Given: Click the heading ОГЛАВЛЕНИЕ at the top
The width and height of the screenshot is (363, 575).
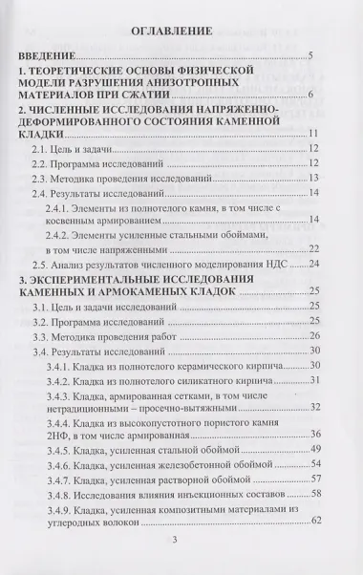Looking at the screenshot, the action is coord(181,40).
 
